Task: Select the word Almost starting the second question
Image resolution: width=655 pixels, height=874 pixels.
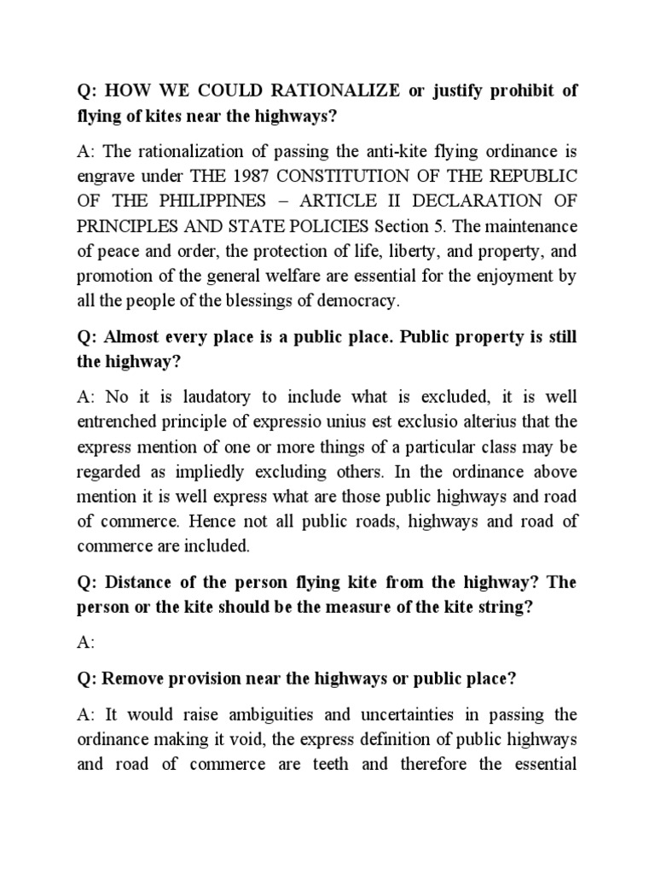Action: tap(133, 336)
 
